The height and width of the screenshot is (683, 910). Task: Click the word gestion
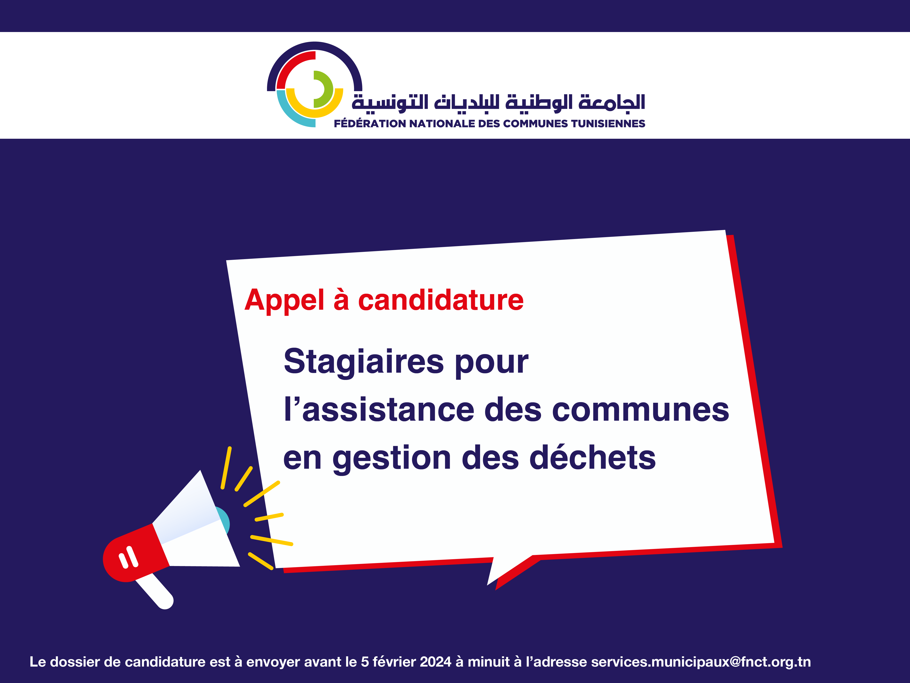click(x=392, y=459)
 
